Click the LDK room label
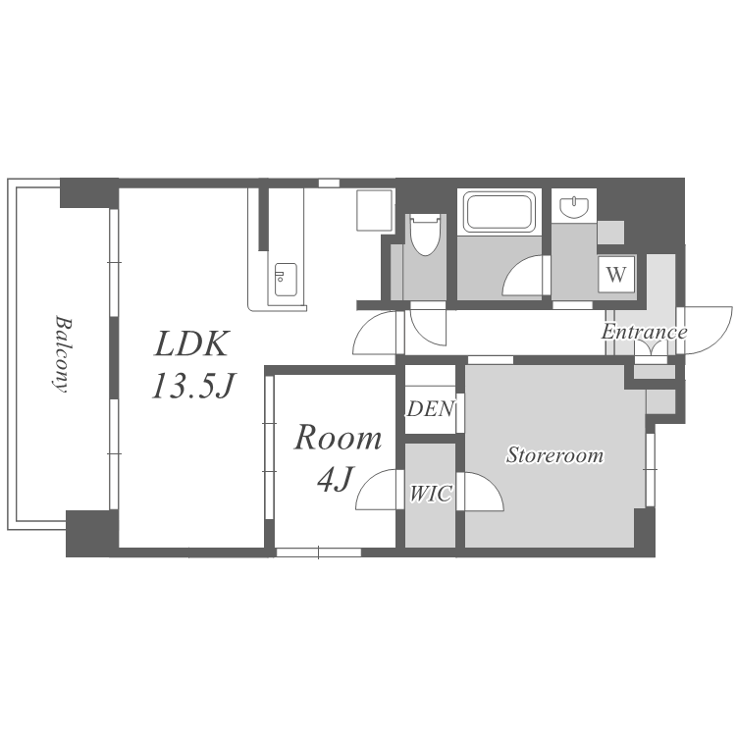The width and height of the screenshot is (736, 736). tap(192, 344)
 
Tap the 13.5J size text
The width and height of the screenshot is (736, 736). tap(193, 386)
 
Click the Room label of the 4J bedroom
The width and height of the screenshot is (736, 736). tap(338, 438)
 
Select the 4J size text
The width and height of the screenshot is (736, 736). tap(335, 478)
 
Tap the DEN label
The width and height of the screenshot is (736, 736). tap(431, 409)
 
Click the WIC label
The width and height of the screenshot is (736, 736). tap(431, 494)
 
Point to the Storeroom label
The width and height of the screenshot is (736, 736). tap(554, 455)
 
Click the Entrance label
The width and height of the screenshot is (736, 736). tap(644, 332)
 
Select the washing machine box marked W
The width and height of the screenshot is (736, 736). tap(617, 273)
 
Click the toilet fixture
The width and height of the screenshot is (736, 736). tap(424, 235)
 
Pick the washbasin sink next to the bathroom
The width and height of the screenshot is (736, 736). tap(574, 207)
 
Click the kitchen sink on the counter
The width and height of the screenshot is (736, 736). tap(286, 280)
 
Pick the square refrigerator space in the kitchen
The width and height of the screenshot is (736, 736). tap(374, 210)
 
